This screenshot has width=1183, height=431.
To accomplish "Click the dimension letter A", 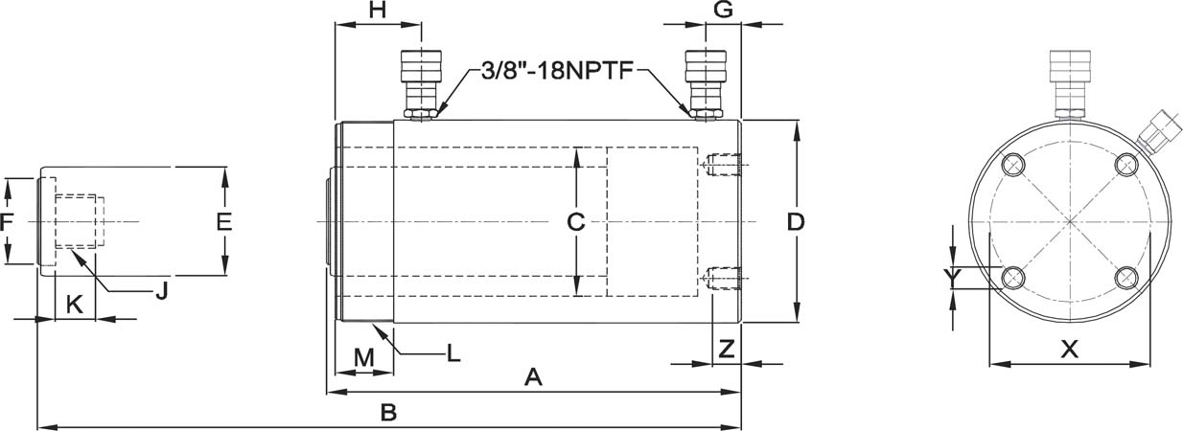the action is coord(533,377).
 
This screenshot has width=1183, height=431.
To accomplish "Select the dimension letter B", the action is coord(388,412).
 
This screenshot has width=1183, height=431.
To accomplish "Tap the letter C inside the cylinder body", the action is coord(575,222).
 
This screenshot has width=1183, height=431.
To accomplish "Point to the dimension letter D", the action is coord(796,222).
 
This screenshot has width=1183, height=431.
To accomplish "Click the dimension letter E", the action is coord(224,222).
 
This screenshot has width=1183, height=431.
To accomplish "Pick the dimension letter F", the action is coord(7,222).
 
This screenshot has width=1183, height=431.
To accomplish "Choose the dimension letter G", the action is coord(723,10).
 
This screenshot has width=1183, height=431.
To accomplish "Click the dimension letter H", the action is coord(377,10).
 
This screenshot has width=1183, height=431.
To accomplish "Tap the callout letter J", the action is coord(162,290).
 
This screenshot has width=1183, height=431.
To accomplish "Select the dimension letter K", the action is coord(74,305).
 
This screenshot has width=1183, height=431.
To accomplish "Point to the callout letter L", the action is coord(453,353).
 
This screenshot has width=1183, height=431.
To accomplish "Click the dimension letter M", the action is coord(364,357).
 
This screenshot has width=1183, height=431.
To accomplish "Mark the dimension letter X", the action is coord(1070,349).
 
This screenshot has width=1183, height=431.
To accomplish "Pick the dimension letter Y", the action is coord(952,277).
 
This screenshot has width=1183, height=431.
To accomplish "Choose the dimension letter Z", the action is coord(727,349).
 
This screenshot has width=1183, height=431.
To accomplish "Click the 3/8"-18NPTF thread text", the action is coord(557,71).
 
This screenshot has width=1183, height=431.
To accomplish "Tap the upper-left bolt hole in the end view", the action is coord(1013,166).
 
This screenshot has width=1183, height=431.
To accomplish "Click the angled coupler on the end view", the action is coord(1159,138).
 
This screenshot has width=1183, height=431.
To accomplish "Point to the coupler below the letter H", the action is coord(421,85).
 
